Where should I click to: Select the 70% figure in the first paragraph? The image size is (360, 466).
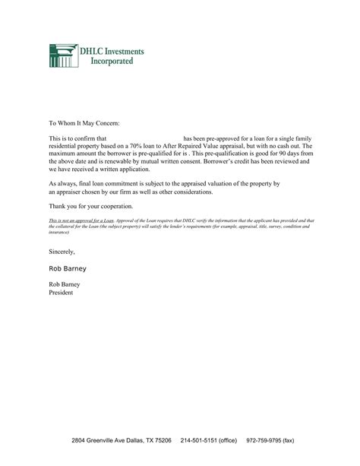click(141, 145)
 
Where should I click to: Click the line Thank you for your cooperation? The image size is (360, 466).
click(91, 207)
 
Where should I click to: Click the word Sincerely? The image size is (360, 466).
click(62, 250)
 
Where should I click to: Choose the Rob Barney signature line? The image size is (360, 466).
click(66, 268)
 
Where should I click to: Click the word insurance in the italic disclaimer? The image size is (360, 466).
click(59, 232)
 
